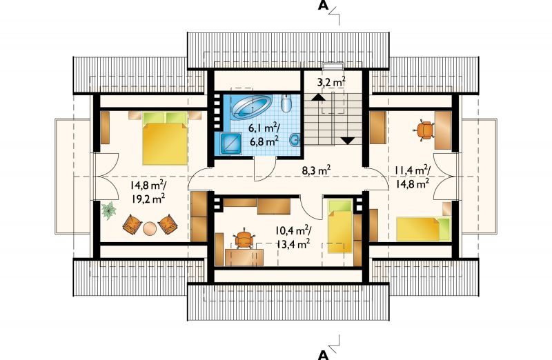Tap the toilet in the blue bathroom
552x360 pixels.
click(x=286, y=103)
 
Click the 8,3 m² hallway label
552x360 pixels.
click(x=317, y=170)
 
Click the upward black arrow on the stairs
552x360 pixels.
click(x=318, y=97)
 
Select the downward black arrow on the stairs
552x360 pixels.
click(x=348, y=141)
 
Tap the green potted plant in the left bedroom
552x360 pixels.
click(x=109, y=210)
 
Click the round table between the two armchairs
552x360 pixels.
click(x=150, y=228)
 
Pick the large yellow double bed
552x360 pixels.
click(x=165, y=139)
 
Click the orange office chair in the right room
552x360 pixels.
click(x=424, y=130)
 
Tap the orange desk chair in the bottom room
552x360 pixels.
click(x=244, y=239)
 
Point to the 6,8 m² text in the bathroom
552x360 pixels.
click(x=264, y=141)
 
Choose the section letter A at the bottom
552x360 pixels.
click(x=323, y=354)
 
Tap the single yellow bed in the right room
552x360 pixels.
click(x=424, y=229)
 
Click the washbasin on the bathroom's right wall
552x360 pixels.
click(x=295, y=140)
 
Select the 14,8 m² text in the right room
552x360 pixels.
click(x=412, y=183)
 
